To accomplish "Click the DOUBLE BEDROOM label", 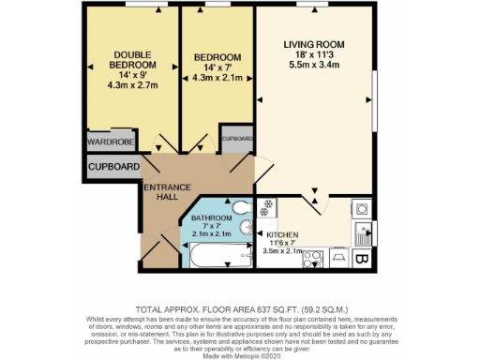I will pos(130,59).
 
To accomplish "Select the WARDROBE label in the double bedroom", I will pos(111,142).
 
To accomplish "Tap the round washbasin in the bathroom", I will pos(245,227).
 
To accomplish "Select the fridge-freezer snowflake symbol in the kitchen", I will pos(267,204).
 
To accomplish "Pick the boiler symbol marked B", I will pos(362,255).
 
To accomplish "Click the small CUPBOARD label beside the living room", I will pos(237,139).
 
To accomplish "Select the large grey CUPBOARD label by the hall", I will pos(114,167).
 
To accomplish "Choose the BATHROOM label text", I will pos(212,217).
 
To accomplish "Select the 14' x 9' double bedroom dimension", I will pos(130,74).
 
